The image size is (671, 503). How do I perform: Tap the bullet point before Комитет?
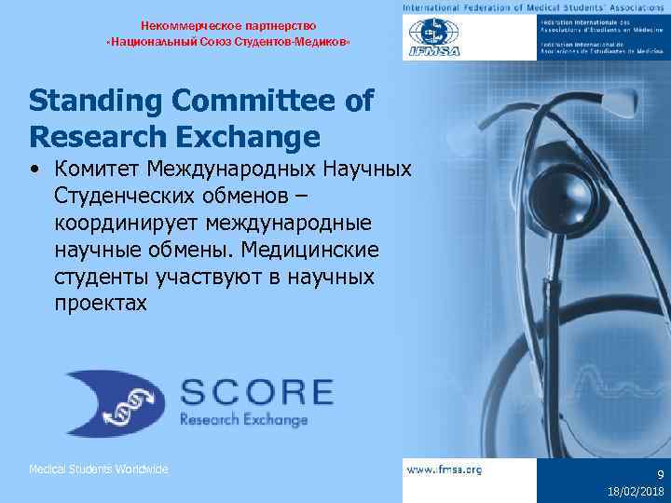34,170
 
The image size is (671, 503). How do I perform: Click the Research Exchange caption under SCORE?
243,420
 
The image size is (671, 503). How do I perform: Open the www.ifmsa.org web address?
445,469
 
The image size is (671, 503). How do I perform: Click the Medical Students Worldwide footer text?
99,469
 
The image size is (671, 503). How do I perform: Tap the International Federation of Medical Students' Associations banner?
535,7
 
